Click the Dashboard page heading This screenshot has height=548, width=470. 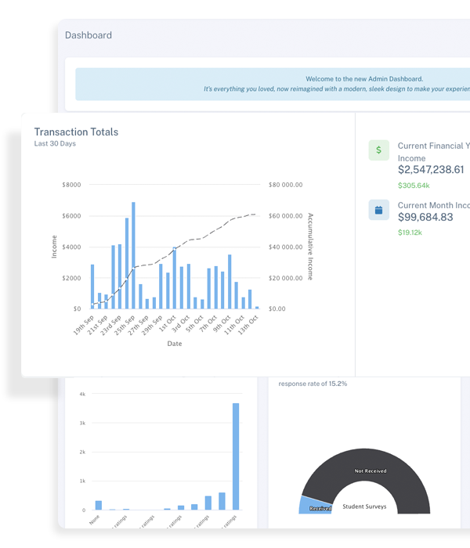click(x=88, y=35)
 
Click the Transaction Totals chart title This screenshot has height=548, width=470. click(x=76, y=132)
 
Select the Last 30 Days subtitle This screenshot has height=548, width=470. click(x=55, y=144)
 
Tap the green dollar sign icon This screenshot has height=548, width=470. click(x=378, y=150)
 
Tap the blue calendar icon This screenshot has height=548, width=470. click(x=378, y=210)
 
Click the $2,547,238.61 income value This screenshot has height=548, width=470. click(x=431, y=169)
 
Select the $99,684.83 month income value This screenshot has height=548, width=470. click(x=425, y=217)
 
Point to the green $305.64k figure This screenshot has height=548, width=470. click(x=414, y=186)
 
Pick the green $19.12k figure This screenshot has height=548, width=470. click(x=410, y=233)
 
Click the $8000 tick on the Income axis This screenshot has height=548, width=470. click(x=71, y=185)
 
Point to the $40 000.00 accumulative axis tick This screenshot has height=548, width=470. click(x=285, y=247)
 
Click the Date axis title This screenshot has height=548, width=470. click(x=174, y=344)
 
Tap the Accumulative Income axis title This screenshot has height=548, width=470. click(x=310, y=247)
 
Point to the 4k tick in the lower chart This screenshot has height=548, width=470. click(x=82, y=394)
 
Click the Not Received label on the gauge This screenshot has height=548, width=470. click(x=371, y=471)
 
